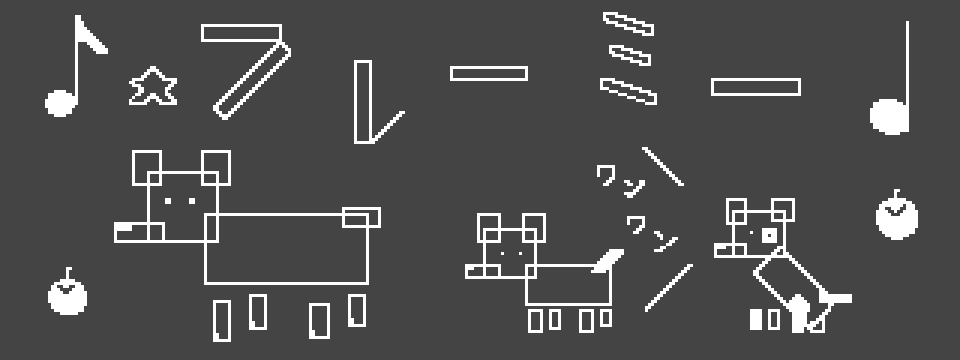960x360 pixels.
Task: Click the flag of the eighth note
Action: [92, 36]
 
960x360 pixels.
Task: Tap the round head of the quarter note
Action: [888, 116]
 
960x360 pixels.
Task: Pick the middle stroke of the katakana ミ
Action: [629, 55]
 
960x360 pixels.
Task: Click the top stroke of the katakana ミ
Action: [628, 23]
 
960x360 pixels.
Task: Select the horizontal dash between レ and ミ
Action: [489, 73]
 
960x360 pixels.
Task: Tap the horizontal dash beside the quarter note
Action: [756, 87]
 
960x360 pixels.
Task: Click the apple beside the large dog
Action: [67, 294]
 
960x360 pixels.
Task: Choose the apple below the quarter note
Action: [896, 216]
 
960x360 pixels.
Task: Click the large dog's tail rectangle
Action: [361, 217]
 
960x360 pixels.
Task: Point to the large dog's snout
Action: [139, 232]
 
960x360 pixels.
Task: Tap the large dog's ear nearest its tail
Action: [216, 167]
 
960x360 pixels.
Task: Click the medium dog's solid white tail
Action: [607, 260]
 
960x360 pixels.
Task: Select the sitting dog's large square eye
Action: [770, 235]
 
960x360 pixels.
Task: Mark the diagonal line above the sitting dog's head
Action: [662, 166]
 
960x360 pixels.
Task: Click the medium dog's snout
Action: [483, 271]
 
